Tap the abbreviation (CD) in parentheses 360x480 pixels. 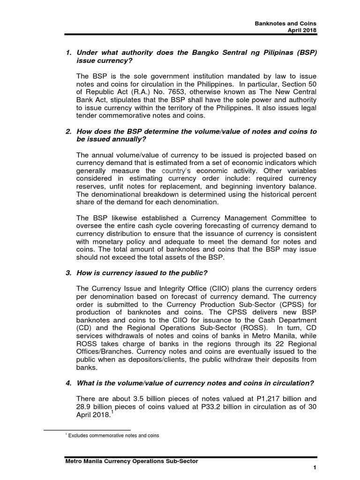pyautogui.click(x=83, y=329)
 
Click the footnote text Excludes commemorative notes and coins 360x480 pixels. pyautogui.click(x=114, y=435)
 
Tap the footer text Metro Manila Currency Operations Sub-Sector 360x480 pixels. pyautogui.click(x=131, y=461)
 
